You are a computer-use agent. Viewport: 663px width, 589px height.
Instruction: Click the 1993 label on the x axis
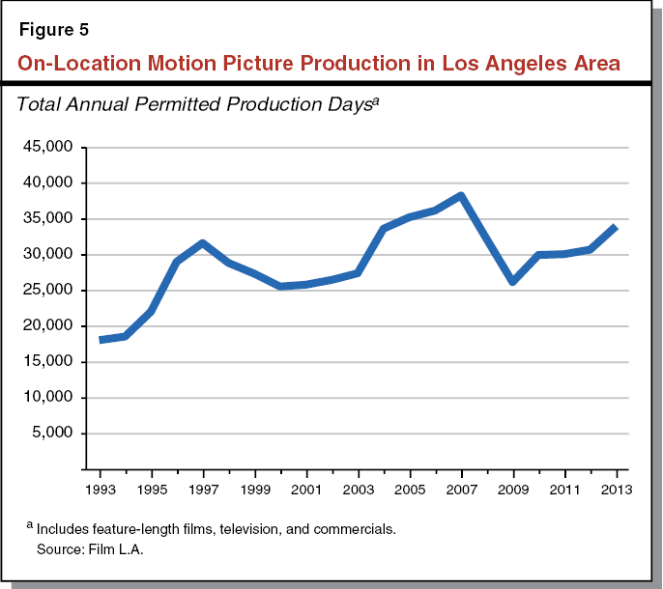pyautogui.click(x=100, y=489)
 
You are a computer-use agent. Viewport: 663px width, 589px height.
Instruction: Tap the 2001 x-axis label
pyautogui.click(x=306, y=489)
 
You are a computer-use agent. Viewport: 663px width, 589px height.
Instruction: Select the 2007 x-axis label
pyautogui.click(x=462, y=489)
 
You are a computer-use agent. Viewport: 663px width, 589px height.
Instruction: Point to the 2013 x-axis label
pyautogui.click(x=616, y=489)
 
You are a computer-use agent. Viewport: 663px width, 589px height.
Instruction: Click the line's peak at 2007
pyautogui.click(x=462, y=196)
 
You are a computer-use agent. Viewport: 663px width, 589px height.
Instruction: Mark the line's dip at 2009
pyautogui.click(x=513, y=281)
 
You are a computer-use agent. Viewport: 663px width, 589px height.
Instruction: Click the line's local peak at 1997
pyautogui.click(x=203, y=243)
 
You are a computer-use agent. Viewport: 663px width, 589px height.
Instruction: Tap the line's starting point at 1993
pyautogui.click(x=101, y=340)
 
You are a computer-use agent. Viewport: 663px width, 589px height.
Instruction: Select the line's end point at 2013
pyautogui.click(x=615, y=227)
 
